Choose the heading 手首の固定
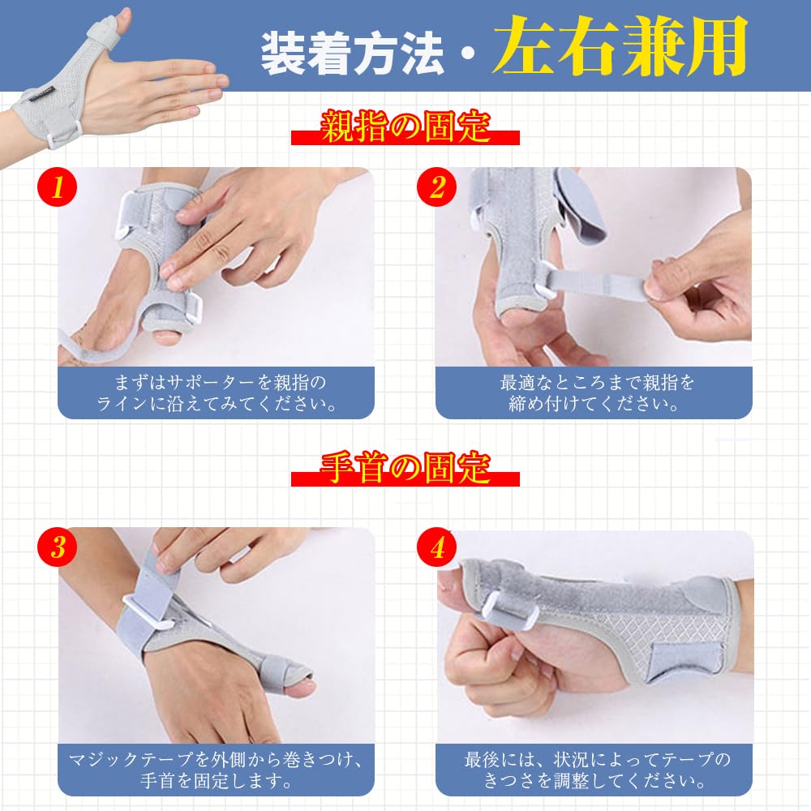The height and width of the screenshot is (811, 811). pos(405,470)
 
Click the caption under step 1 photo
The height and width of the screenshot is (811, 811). pos(216,393)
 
